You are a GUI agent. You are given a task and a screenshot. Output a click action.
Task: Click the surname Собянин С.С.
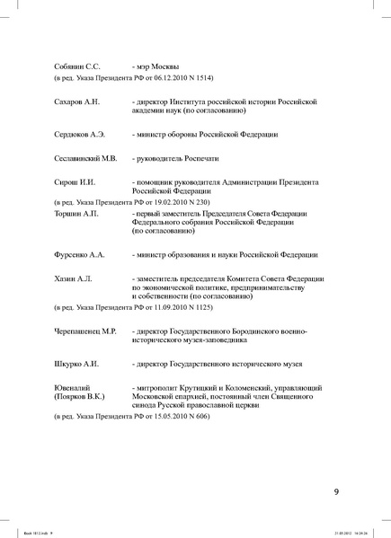[x=76, y=66]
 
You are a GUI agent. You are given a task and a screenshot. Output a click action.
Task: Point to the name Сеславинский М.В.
[x=85, y=158]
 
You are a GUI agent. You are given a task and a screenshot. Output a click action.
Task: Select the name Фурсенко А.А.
[x=79, y=255]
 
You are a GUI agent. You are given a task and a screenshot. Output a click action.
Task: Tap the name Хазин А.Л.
[x=73, y=279]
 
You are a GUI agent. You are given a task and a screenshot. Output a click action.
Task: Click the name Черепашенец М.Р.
[x=85, y=331]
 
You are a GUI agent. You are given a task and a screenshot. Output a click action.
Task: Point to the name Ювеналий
[x=74, y=387]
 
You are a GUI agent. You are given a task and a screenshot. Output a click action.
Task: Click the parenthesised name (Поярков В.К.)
[x=79, y=396]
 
